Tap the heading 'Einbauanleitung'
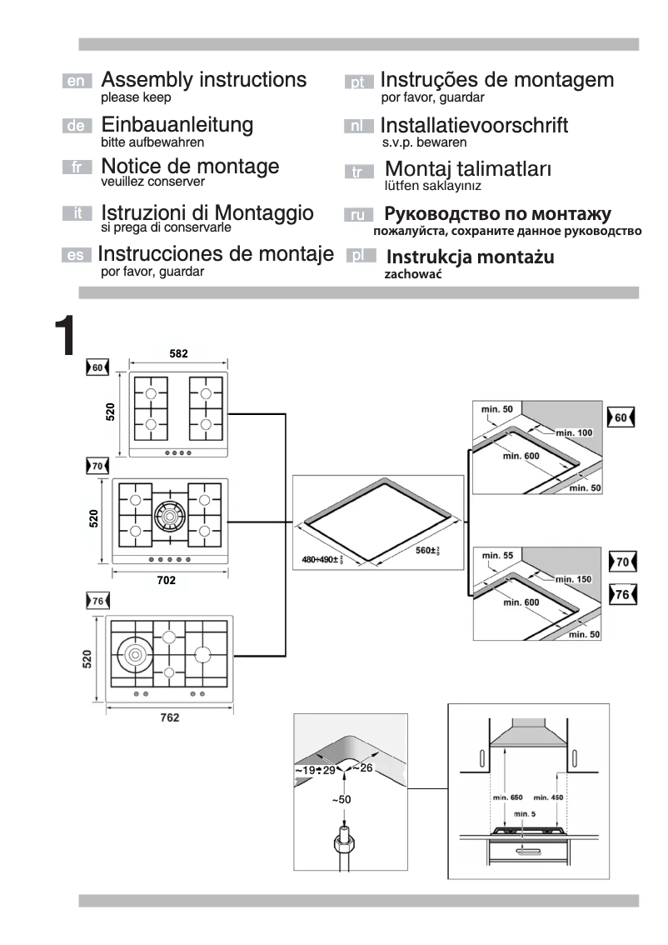[x=177, y=125]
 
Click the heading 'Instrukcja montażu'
[x=470, y=257]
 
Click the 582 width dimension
[x=178, y=354]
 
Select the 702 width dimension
[x=167, y=580]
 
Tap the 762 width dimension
[x=169, y=717]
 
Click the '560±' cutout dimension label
[x=427, y=550]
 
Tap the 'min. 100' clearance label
[x=573, y=432]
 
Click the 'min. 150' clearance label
[x=573, y=578]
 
